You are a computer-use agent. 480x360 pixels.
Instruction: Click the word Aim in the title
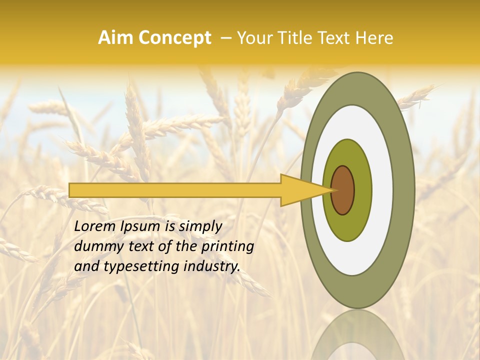click(x=115, y=38)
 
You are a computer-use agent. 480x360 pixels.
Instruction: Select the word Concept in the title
click(x=174, y=38)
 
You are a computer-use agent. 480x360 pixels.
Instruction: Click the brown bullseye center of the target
click(x=343, y=190)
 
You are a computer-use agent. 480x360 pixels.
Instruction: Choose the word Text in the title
click(x=334, y=38)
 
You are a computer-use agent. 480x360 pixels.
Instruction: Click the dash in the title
click(x=225, y=38)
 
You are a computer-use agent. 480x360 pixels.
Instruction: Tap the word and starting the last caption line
click(x=86, y=266)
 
